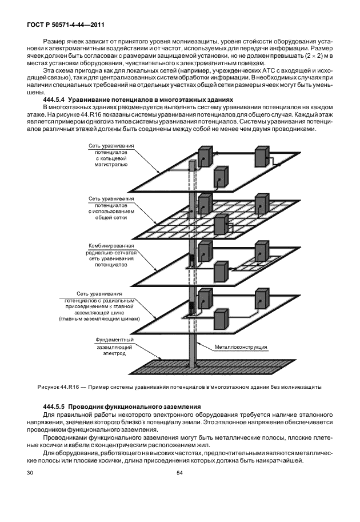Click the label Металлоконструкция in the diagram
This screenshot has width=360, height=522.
coord(241,346)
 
